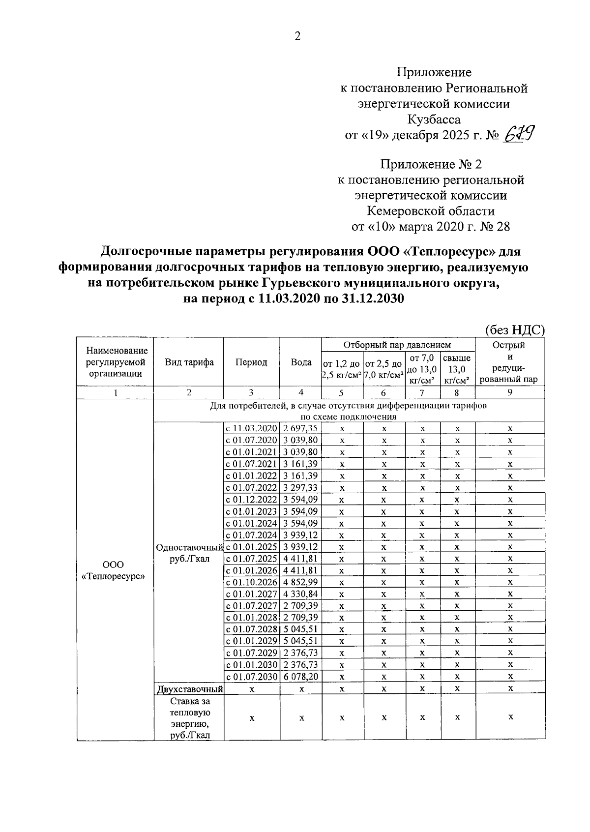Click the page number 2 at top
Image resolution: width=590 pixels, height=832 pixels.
[297, 36]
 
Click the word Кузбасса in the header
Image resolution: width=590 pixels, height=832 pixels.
[434, 119]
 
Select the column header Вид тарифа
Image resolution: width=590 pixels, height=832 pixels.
[189, 362]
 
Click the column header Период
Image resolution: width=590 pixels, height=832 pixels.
[251, 362]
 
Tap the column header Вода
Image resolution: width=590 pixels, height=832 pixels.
[301, 362]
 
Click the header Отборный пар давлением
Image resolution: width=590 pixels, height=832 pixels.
[397, 345]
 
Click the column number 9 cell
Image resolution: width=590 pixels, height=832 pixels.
[510, 392]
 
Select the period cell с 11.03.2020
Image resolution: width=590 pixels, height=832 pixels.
[252, 428]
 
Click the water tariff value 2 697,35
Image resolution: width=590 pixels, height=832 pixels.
[300, 428]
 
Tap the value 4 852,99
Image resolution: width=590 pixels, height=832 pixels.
[300, 582]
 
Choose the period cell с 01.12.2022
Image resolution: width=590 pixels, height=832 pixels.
[252, 499]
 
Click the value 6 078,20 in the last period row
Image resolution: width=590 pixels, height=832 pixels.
[300, 677]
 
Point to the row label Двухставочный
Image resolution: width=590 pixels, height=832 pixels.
[189, 689]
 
